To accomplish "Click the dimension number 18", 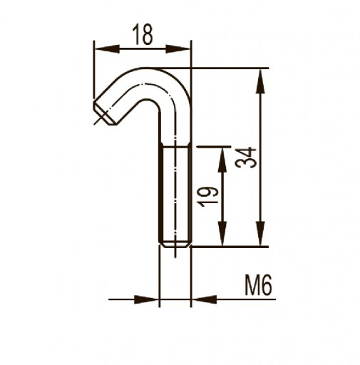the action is tap(143, 35).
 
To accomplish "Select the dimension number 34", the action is tap(246, 158).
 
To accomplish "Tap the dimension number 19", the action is tap(208, 197).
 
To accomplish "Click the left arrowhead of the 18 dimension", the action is tap(107, 49).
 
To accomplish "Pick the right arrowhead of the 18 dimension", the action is tap(178, 49).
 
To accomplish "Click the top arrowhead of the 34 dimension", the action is tap(261, 81).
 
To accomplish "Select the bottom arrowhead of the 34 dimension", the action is tap(261, 233).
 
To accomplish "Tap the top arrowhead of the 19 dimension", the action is tap(222, 160).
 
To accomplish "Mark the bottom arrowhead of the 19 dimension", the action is tap(222, 233).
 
